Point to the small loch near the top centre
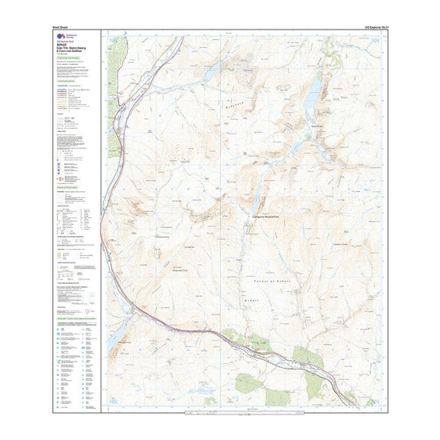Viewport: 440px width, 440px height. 211,74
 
